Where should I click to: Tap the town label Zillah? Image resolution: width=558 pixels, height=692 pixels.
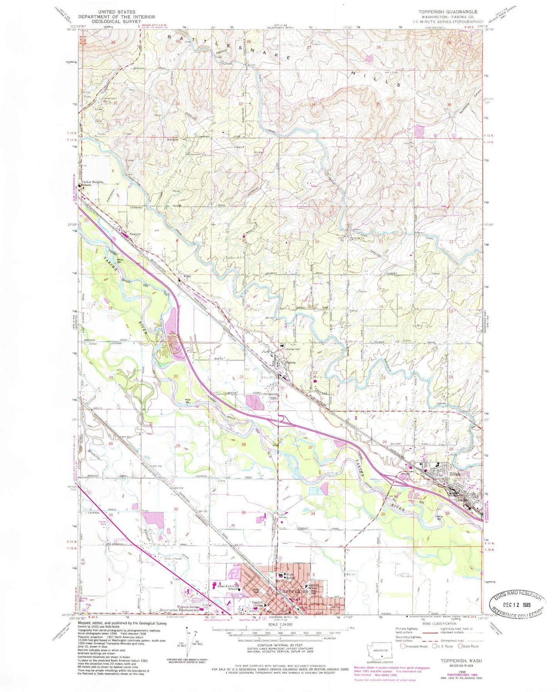click(x=453, y=474)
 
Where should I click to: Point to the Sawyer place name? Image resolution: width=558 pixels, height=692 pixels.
click(x=135, y=234)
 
